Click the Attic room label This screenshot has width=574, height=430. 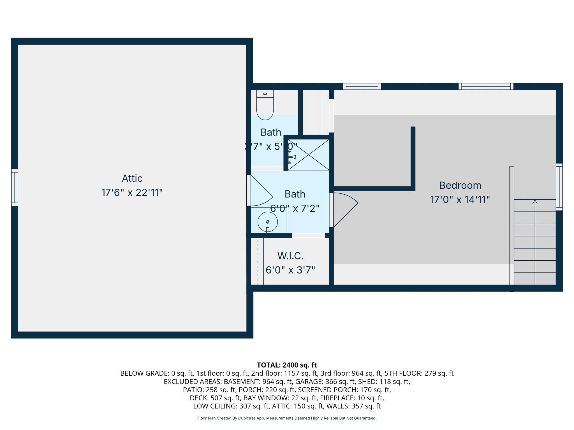click(x=132, y=178)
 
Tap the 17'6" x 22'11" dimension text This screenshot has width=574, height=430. click(x=132, y=193)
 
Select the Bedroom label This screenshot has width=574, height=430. click(x=460, y=185)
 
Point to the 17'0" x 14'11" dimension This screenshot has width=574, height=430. click(x=460, y=200)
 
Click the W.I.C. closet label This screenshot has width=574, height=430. click(x=290, y=256)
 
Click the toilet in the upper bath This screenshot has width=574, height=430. click(x=265, y=106)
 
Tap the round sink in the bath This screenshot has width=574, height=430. click(x=268, y=222)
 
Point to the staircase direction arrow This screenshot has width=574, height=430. click(x=535, y=202)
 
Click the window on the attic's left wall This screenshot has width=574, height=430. click(x=15, y=188)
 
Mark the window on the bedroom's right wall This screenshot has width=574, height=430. click(x=559, y=187)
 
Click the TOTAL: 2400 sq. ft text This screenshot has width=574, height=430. click(x=287, y=365)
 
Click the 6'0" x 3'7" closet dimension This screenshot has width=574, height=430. click(x=290, y=270)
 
